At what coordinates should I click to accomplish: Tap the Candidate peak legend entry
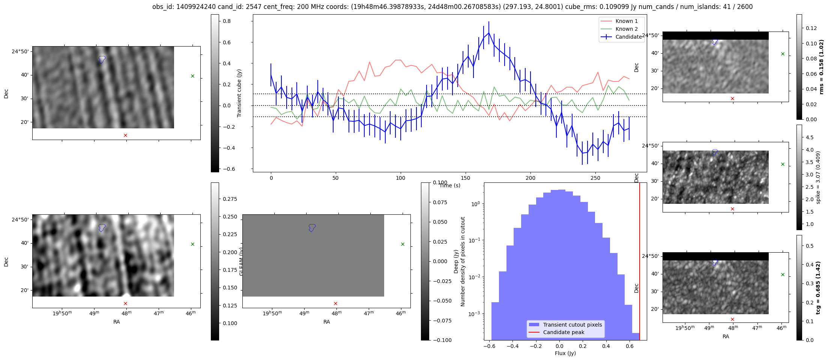pyautogui.click(x=564, y=332)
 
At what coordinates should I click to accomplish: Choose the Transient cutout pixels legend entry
pyautogui.click(x=572, y=325)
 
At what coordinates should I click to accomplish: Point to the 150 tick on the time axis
pyautogui.click(x=465, y=178)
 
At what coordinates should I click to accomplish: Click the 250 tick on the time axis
pyautogui.click(x=595, y=178)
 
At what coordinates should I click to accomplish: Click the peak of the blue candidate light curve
pyautogui.click(x=488, y=33)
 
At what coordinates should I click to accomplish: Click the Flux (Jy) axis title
pyautogui.click(x=565, y=353)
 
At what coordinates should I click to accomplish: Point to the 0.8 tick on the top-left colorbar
pyautogui.click(x=227, y=21)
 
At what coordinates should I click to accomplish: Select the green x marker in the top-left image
pyautogui.click(x=192, y=76)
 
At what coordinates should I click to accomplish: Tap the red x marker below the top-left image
pyautogui.click(x=125, y=135)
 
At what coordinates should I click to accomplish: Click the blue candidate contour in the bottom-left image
pyautogui.click(x=102, y=227)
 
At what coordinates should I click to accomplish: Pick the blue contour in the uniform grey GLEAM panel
pyautogui.click(x=312, y=227)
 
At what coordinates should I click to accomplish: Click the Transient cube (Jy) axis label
pyautogui.click(x=239, y=93)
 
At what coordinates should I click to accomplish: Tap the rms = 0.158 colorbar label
pyautogui.click(x=821, y=67)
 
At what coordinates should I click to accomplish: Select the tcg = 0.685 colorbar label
pyautogui.click(x=818, y=288)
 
